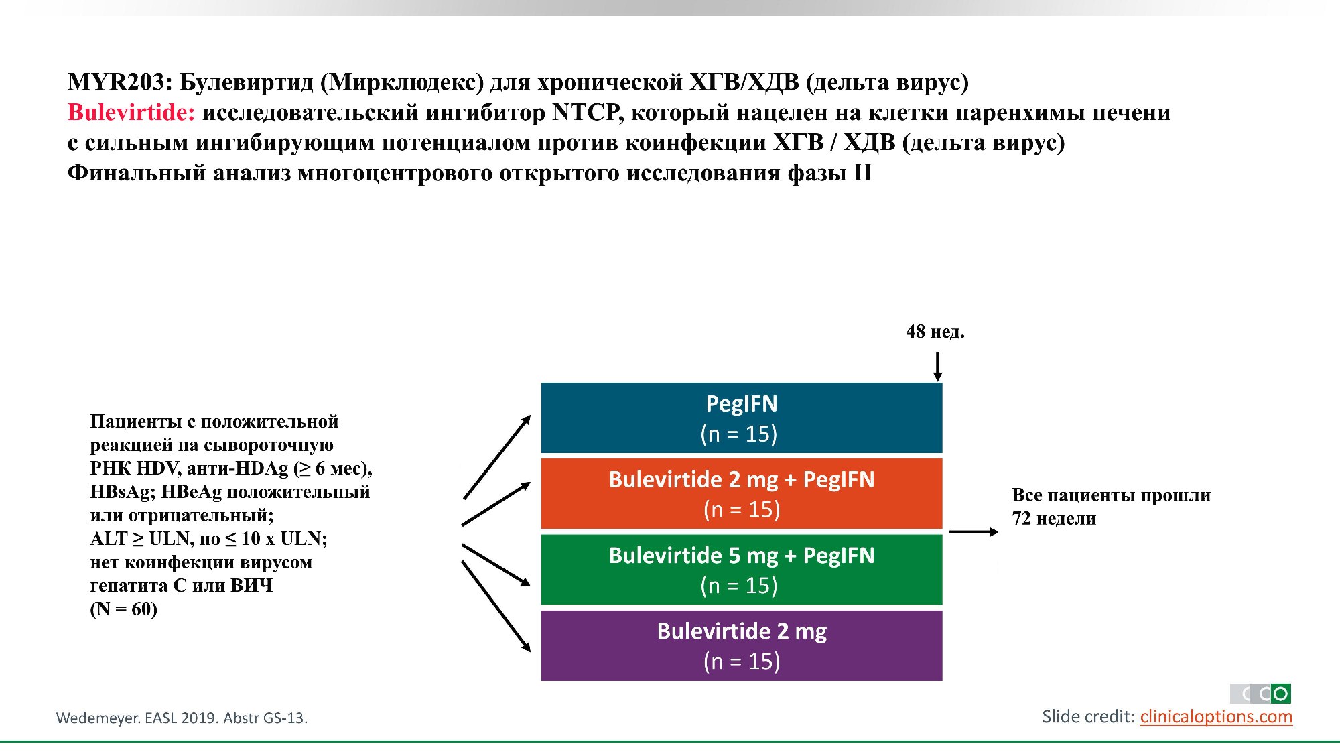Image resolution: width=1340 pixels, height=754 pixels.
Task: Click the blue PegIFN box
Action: coord(741,418)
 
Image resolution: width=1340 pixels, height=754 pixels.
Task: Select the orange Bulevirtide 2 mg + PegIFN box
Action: coord(741,494)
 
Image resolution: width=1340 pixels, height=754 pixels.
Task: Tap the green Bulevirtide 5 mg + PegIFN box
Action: coord(741,570)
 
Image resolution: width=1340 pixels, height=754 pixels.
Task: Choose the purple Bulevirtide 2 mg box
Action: coord(741,645)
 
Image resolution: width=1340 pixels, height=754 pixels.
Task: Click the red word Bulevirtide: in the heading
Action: coord(131,113)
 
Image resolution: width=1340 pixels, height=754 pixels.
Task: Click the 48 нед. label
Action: coord(935,332)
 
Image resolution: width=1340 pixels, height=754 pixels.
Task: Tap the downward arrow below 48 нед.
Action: coord(937,367)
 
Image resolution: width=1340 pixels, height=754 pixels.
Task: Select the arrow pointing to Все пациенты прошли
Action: coord(973,532)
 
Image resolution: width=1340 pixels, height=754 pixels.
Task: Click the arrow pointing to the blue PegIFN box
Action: coord(496,457)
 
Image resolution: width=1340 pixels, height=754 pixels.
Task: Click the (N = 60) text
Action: coord(124,609)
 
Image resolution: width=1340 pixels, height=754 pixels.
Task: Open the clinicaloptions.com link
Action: coord(1215,717)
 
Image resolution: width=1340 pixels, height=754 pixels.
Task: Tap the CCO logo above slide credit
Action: coord(1260,694)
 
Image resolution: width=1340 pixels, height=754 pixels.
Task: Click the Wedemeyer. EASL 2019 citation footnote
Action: coord(182,718)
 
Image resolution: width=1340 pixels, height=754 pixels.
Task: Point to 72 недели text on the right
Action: coord(1054,519)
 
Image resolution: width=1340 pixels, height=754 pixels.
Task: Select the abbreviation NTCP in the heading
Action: coord(588,113)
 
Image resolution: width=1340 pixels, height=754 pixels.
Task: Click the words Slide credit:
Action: coord(1088,717)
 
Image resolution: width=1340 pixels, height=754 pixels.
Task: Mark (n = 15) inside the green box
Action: coord(739,586)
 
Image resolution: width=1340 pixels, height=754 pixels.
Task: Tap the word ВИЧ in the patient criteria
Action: coord(252,586)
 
